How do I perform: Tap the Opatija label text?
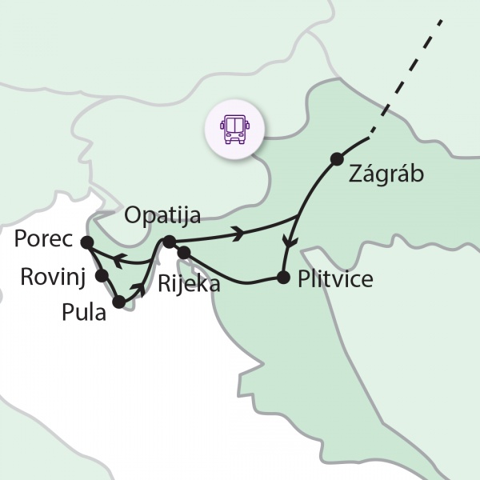pos(162,215)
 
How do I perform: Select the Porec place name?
pos(43,240)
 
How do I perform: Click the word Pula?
pos(83,313)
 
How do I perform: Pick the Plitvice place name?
pos(334,280)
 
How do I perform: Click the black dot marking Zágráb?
pos(337,158)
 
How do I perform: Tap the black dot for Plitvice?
pos(282,278)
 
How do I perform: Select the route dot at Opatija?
pos(169,241)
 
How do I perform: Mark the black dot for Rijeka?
pos(184,253)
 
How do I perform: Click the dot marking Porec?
pos(86,242)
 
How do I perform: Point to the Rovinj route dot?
pos(102,275)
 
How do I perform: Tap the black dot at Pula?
pos(119,302)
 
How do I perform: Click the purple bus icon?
pos(234,127)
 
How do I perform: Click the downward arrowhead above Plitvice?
pos(291,243)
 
